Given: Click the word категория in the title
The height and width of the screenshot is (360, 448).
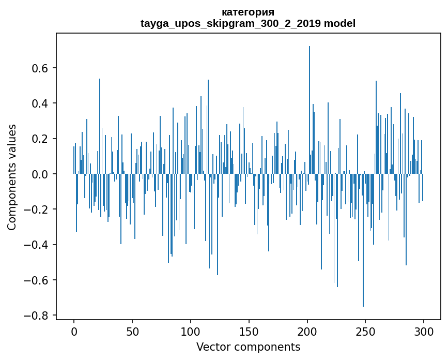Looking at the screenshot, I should pyautogui.click(x=248, y=12).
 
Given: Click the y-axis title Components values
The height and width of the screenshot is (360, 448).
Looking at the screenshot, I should pyautogui.click(x=12, y=177).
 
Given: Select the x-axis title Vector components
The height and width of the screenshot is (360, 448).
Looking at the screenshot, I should pyautogui.click(x=248, y=347).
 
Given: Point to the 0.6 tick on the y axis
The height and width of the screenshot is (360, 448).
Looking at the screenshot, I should pyautogui.click(x=41, y=68).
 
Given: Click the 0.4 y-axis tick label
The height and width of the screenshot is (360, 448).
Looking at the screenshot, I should pyautogui.click(x=41, y=103).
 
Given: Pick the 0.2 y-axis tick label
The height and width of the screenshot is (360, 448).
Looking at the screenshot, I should pyautogui.click(x=41, y=139).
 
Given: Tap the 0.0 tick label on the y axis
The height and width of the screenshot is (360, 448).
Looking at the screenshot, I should pyautogui.click(x=41, y=174).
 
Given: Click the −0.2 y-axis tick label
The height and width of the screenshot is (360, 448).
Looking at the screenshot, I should pyautogui.click(x=37, y=209).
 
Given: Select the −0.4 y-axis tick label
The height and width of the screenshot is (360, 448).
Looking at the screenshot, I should pyautogui.click(x=37, y=245).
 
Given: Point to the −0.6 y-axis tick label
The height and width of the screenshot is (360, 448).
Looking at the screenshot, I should pyautogui.click(x=37, y=280).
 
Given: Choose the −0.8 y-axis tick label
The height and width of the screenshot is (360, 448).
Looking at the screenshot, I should pyautogui.click(x=37, y=316).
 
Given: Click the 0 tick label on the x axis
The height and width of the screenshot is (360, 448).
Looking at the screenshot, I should pyautogui.click(x=74, y=331).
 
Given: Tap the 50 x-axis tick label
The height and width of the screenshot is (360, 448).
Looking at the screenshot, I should pyautogui.click(x=132, y=331).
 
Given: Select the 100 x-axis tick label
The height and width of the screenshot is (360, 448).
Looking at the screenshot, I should pyautogui.click(x=191, y=331).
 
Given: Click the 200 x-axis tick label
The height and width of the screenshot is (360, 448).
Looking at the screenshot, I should pyautogui.click(x=307, y=331).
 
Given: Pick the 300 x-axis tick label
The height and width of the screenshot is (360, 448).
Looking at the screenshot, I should pyautogui.click(x=424, y=331).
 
